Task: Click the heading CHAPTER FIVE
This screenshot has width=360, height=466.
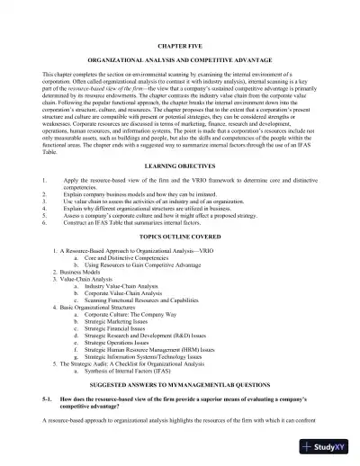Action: [x=180, y=43]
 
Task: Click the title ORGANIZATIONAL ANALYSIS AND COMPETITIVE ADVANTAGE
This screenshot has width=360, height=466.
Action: [x=180, y=58]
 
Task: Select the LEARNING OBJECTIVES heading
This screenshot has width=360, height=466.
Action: [x=180, y=166]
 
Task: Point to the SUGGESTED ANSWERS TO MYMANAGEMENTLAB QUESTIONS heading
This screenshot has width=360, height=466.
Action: [x=180, y=383]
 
